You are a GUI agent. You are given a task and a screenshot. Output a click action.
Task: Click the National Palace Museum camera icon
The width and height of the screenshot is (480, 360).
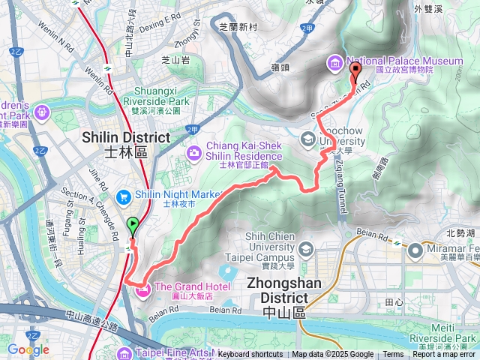coord(334,61)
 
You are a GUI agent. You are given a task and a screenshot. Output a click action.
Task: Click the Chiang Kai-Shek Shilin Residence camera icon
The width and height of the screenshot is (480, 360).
coord(194,153)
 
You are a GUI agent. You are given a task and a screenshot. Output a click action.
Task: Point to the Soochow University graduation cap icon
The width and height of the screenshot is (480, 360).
coord(307,139)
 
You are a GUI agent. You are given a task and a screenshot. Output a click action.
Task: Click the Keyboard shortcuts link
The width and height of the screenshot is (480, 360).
coord(250,355)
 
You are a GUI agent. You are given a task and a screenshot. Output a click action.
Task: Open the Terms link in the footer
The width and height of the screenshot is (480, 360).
coord(393,355)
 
